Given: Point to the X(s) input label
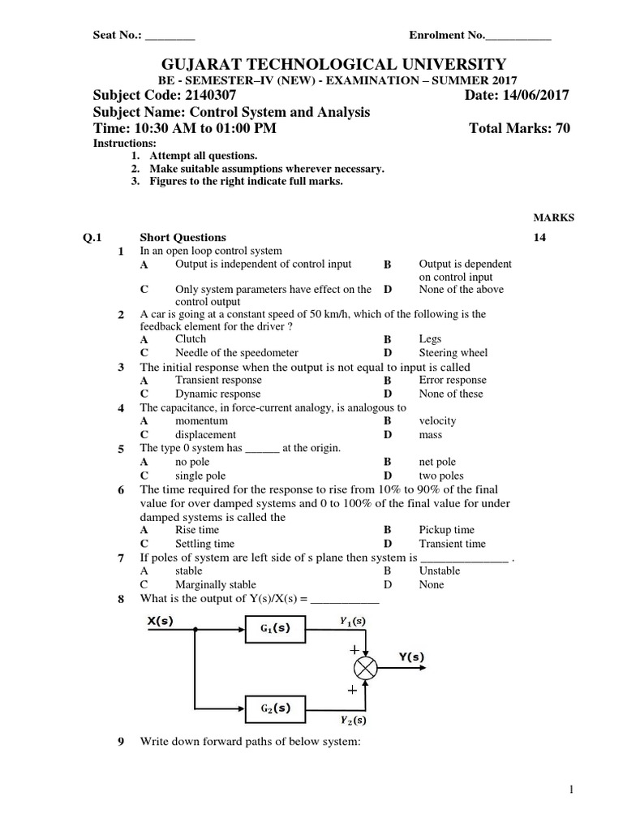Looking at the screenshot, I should [x=161, y=622].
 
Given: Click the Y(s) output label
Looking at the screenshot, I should [x=411, y=657].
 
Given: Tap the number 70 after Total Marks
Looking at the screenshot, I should [x=562, y=129].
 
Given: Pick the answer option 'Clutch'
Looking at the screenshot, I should [x=191, y=339].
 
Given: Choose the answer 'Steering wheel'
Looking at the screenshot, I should [x=453, y=353].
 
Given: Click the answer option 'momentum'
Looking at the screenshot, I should [x=202, y=420].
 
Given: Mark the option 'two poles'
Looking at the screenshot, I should [x=441, y=476].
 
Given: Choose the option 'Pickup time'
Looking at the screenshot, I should [x=446, y=530].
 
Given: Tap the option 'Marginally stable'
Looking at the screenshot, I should [x=215, y=584].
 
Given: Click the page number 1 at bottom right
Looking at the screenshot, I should [x=571, y=790].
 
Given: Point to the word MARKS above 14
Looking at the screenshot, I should [x=553, y=217].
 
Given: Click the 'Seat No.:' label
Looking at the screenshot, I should [x=118, y=36].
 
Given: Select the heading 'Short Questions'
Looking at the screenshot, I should [x=183, y=238].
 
